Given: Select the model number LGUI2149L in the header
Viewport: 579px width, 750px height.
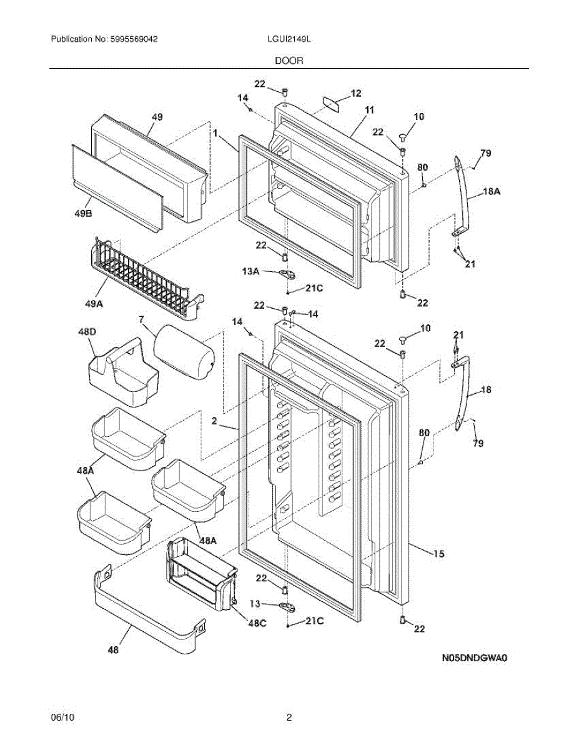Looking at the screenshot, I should (289, 39).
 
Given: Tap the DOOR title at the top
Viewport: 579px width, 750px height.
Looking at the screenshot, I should (289, 61).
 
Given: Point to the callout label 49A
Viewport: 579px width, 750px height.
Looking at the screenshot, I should (94, 304).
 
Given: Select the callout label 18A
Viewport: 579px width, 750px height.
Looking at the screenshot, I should (492, 194).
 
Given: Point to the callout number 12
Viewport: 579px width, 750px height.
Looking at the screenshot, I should (355, 93).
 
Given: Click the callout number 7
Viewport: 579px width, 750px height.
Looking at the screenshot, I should (141, 320).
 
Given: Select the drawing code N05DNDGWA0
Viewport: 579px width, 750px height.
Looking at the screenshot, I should (472, 657).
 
